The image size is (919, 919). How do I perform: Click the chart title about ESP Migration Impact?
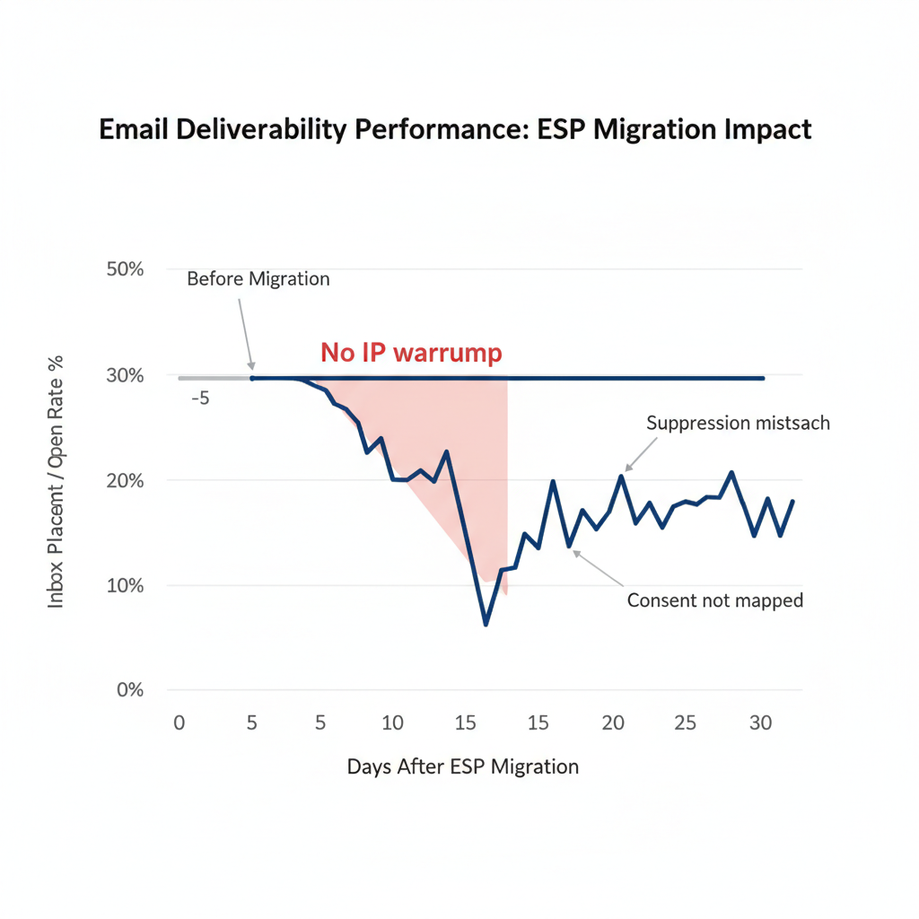455,129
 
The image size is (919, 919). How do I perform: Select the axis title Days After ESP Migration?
462,766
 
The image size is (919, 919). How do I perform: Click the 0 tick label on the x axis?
179,723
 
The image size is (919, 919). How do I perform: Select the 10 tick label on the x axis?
392,723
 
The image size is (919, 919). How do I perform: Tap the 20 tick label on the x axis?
613,723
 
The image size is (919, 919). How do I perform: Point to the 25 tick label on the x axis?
686,723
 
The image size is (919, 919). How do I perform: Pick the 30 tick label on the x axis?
759,723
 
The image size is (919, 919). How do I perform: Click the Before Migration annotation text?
258,278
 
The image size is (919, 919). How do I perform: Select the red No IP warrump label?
411,354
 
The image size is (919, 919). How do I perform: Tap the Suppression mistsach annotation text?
738,424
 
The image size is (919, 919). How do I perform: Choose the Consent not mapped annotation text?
714,600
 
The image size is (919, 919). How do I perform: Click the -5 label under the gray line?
200,398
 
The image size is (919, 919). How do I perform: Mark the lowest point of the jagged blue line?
486,624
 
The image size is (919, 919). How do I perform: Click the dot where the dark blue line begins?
252,379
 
